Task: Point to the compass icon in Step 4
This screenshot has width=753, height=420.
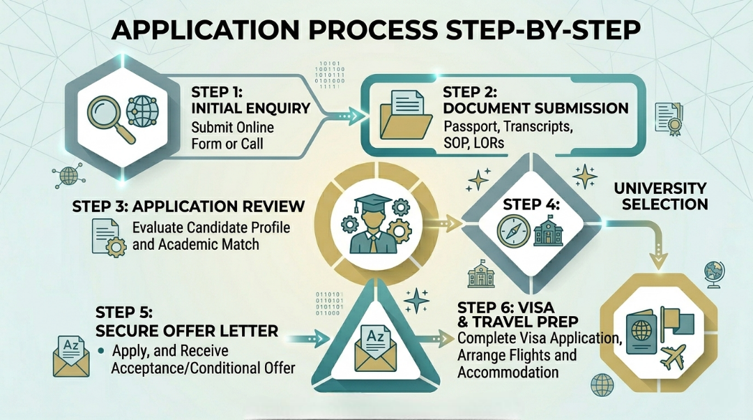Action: pyautogui.click(x=512, y=231)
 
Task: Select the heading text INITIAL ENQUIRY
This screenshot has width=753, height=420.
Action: pyautogui.click(x=251, y=108)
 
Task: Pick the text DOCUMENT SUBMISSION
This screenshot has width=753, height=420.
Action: pyautogui.click(x=535, y=109)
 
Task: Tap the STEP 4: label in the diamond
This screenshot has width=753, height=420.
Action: pyautogui.click(x=533, y=205)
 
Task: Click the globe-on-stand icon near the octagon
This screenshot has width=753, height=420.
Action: pyautogui.click(x=713, y=273)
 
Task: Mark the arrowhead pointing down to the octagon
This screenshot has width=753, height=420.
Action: pyautogui.click(x=657, y=260)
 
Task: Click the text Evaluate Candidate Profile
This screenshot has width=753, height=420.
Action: pyautogui.click(x=211, y=228)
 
